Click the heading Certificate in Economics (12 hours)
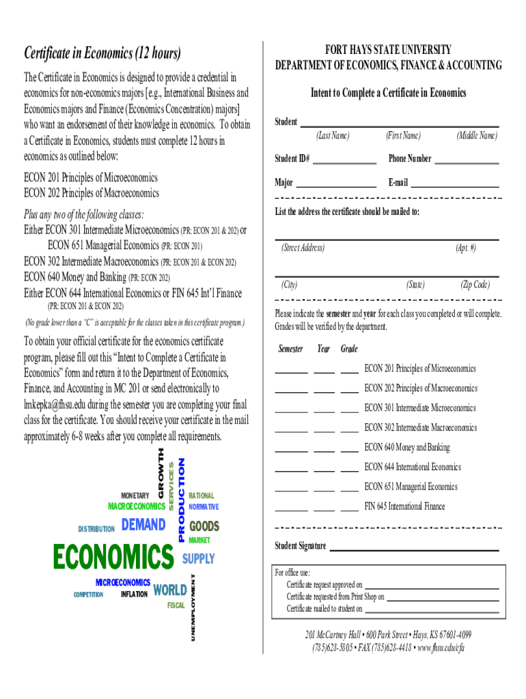[102, 53]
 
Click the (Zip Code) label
[475, 285]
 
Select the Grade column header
[349, 349]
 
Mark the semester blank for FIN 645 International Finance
[291, 510]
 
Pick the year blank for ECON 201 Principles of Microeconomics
[324, 373]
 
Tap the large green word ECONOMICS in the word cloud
[113, 557]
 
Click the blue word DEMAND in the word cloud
[143, 525]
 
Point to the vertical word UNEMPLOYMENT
[193, 607]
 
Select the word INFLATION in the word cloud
[134, 595]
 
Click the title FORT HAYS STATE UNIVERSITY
[388, 50]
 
